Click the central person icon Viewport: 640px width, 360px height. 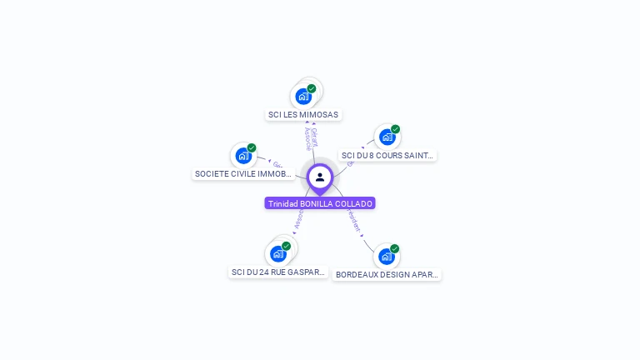[320, 177]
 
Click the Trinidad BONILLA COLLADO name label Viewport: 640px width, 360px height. [320, 203]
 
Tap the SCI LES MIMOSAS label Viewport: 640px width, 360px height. [303, 115]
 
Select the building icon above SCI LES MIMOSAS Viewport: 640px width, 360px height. [303, 96]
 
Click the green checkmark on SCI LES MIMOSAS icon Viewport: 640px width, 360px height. [312, 88]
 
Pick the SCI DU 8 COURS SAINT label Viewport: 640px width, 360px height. [387, 155]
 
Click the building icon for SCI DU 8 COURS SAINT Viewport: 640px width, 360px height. [387, 137]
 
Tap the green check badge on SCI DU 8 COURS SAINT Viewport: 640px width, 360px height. [395, 129]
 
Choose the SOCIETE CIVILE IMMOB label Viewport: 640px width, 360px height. [243, 174]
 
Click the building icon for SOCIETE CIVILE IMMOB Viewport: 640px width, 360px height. [243, 155]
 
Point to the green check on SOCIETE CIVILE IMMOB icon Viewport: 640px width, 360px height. [252, 147]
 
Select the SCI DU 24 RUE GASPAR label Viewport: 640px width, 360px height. [278, 272]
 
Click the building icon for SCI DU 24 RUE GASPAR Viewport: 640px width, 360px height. [278, 253]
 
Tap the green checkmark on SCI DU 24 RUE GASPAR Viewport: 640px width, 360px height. [287, 246]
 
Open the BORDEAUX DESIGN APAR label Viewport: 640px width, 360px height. [387, 274]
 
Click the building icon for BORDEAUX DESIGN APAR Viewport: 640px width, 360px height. [386, 256]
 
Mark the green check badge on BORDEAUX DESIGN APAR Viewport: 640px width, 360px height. [394, 248]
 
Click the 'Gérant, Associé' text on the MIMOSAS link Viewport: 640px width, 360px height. [311, 138]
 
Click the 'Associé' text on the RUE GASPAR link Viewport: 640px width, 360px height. [297, 217]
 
